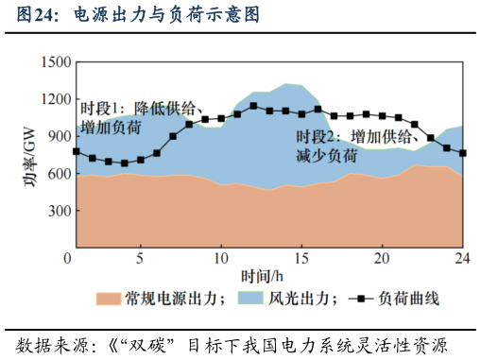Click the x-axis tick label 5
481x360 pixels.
[141, 259]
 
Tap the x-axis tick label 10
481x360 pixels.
[221, 259]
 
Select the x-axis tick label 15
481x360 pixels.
[301, 259]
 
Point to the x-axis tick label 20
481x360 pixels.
[382, 259]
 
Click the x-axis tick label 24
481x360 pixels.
[462, 259]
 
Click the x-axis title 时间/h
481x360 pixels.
[262, 278]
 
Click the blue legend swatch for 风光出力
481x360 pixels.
[249, 300]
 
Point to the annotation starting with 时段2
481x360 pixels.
[357, 146]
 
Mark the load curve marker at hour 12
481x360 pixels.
[253, 106]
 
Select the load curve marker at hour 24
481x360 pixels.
[462, 153]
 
